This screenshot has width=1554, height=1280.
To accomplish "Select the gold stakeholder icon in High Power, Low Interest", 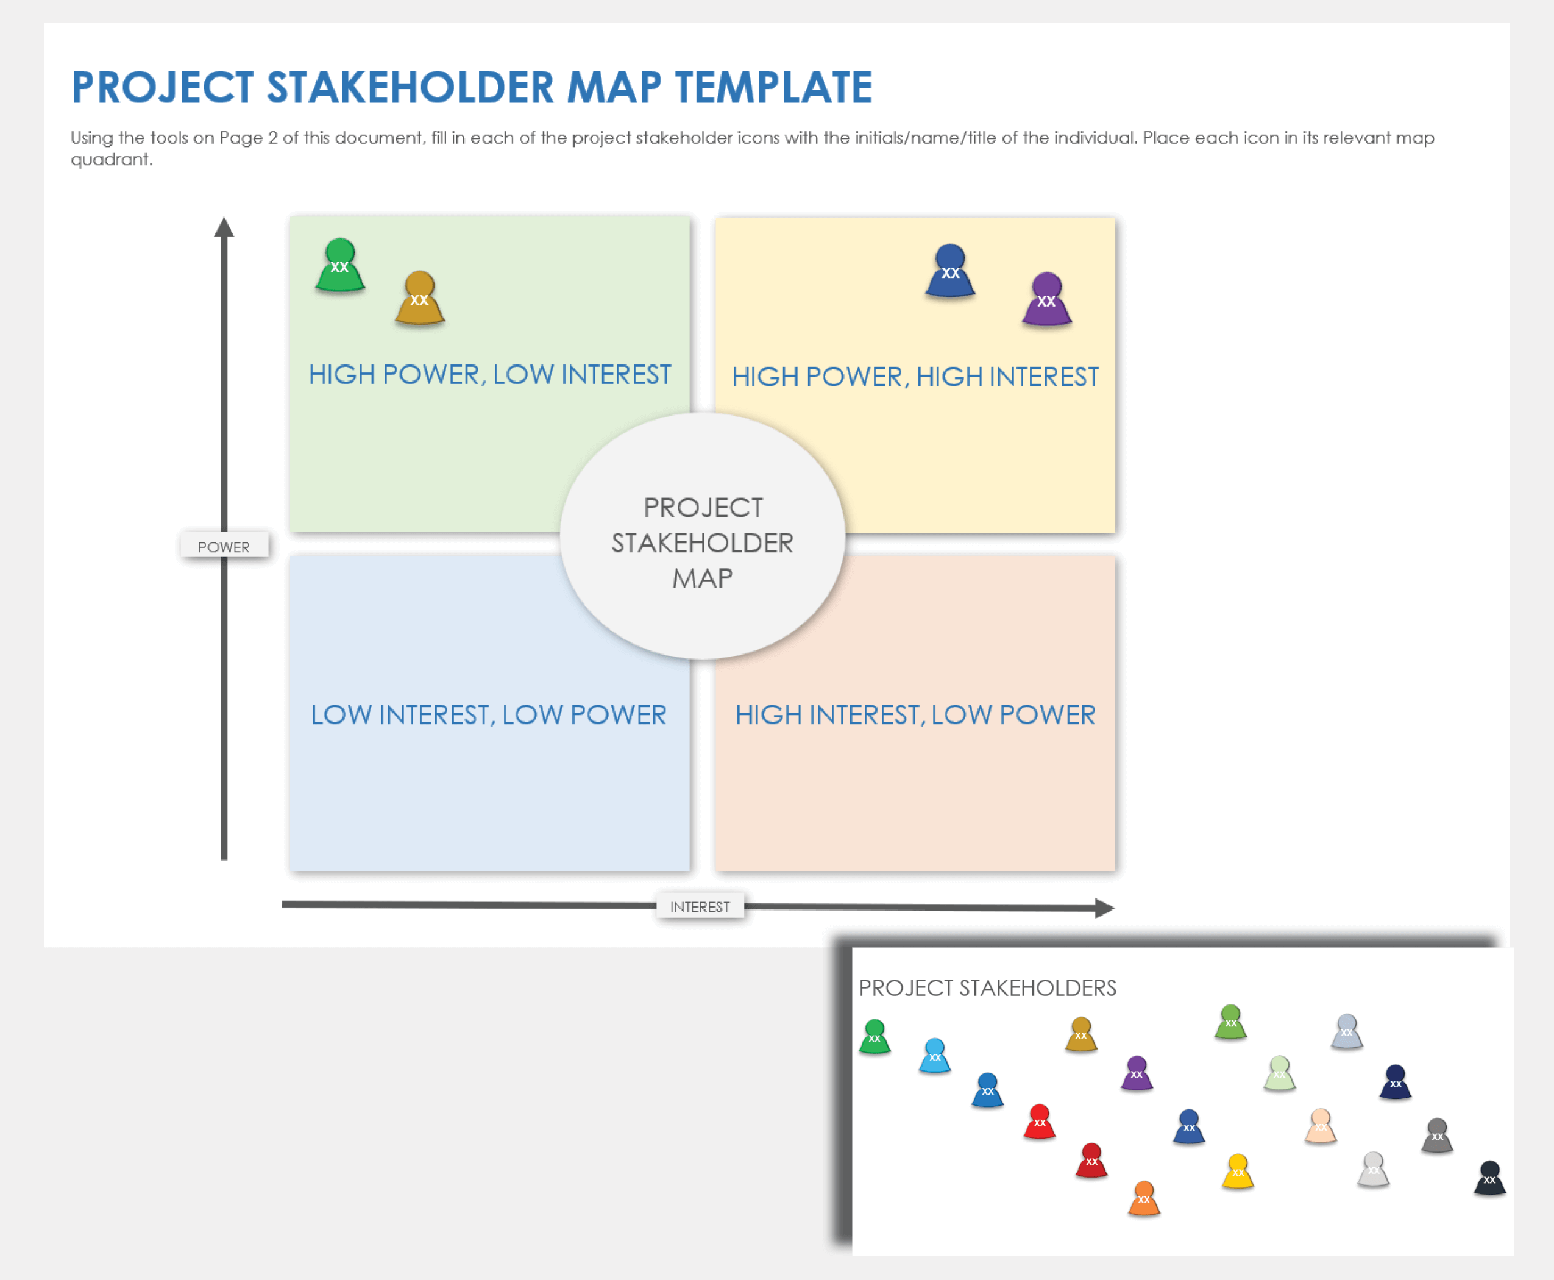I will click(419, 299).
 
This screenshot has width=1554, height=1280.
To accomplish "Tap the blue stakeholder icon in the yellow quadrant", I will click(950, 271).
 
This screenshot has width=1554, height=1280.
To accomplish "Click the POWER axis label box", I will click(224, 546).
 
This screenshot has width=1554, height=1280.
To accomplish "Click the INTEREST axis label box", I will click(700, 906).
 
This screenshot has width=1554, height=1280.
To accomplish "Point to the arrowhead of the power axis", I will click(224, 227).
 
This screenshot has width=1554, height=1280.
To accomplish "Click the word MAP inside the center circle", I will click(702, 578).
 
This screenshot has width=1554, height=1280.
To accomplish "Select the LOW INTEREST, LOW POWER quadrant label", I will click(489, 714).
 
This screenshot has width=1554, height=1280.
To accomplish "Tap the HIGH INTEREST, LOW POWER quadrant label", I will click(915, 714).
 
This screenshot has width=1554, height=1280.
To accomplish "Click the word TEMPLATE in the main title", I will click(773, 88).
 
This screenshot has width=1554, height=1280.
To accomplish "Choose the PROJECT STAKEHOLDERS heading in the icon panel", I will click(987, 988).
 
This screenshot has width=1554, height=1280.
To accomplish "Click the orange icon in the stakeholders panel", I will click(1144, 1198).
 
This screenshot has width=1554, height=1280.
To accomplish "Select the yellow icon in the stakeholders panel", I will click(1238, 1171).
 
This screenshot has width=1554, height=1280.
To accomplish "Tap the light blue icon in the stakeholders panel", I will click(935, 1056).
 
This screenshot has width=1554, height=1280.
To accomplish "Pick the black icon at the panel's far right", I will click(1489, 1178).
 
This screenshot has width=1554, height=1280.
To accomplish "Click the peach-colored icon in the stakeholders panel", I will click(1321, 1126).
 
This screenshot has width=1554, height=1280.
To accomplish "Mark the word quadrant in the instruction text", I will click(112, 160).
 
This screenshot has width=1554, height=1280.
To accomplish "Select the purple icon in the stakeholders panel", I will click(1137, 1073).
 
